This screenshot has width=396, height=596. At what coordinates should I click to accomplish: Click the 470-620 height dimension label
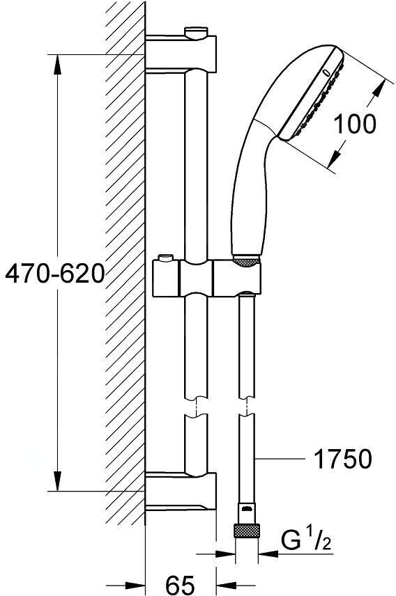point(54,274)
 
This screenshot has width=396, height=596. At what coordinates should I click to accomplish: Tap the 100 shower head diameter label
point(354,124)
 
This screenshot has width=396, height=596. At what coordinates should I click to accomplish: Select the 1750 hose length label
point(341,459)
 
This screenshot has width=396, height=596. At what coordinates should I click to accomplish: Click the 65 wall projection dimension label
point(180,585)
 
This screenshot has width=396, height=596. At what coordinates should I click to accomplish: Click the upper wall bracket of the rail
point(181,52)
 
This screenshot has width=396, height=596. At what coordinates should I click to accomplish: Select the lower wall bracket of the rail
point(181,490)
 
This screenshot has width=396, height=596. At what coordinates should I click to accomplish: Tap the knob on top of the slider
point(166,258)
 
